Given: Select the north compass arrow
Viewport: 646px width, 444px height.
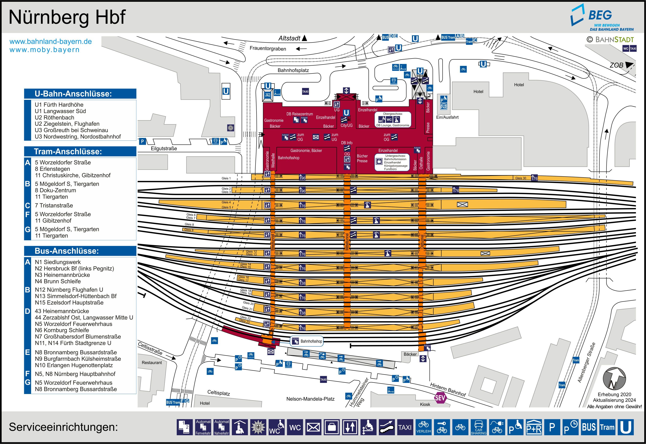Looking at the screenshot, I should [x=614, y=378].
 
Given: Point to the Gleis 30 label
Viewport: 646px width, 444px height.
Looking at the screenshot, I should [x=520, y=178].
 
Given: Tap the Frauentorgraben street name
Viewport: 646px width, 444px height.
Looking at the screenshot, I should [x=268, y=49].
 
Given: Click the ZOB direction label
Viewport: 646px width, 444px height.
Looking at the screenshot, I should [x=616, y=65].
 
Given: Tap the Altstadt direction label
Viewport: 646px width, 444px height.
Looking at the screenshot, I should [x=289, y=38].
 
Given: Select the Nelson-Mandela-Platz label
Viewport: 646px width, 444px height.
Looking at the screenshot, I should [x=310, y=399].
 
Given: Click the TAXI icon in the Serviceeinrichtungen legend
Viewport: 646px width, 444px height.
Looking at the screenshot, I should [x=405, y=427].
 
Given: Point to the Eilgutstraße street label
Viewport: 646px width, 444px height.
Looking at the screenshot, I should [x=164, y=149].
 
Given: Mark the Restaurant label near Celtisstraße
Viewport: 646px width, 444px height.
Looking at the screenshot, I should [x=151, y=362].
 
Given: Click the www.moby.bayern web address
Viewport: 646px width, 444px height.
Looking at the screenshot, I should [x=45, y=50].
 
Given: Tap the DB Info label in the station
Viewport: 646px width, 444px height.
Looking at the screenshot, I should [x=347, y=143].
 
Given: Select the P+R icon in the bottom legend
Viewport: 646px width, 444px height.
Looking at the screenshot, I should [x=534, y=427].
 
